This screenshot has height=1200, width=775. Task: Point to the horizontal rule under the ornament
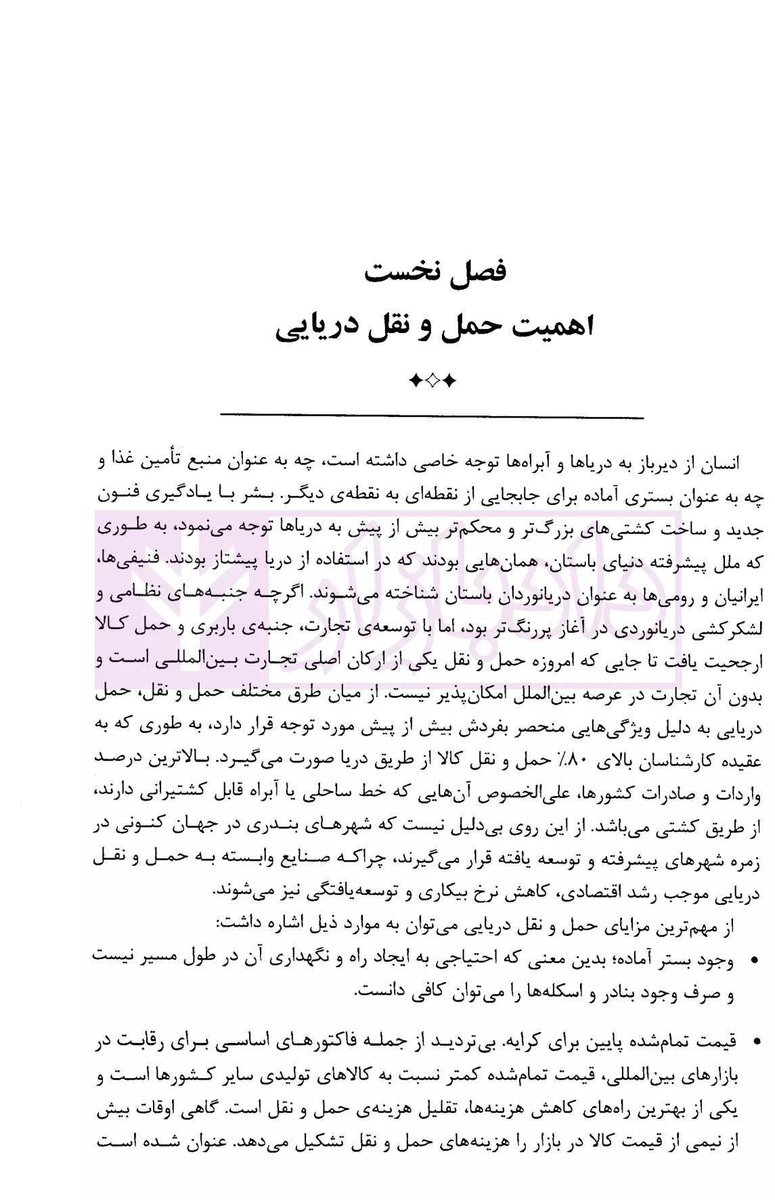(433, 416)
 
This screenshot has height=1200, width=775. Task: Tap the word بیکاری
(456, 892)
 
